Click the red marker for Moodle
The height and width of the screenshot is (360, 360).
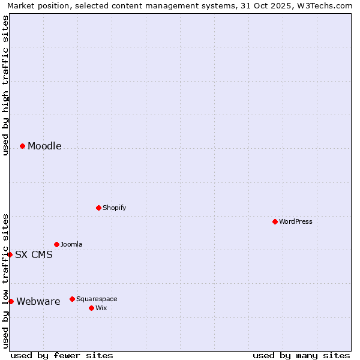[22, 146]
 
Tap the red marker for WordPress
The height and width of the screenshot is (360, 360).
[275, 221]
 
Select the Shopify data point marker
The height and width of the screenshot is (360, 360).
[98, 208]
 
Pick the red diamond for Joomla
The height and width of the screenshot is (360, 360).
[56, 244]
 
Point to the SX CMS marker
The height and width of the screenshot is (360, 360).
[10, 254]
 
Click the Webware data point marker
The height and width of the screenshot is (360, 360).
[11, 301]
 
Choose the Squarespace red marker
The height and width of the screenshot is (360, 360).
[72, 299]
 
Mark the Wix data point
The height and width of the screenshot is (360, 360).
[91, 308]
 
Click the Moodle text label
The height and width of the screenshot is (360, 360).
[44, 146]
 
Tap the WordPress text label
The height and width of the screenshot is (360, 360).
[296, 221]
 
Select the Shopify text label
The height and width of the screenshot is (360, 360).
[114, 208]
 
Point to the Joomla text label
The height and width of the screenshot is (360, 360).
[71, 244]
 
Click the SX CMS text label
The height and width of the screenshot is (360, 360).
[34, 255]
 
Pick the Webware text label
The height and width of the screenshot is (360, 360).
[38, 302]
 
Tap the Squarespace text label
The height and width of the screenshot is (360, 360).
[97, 299]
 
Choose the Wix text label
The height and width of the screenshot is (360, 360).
[101, 308]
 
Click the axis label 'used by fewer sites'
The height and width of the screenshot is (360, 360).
[62, 355]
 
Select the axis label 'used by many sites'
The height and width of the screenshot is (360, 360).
[301, 355]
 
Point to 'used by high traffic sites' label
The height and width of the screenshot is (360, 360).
[5, 85]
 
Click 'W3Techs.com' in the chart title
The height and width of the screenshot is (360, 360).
[326, 5]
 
